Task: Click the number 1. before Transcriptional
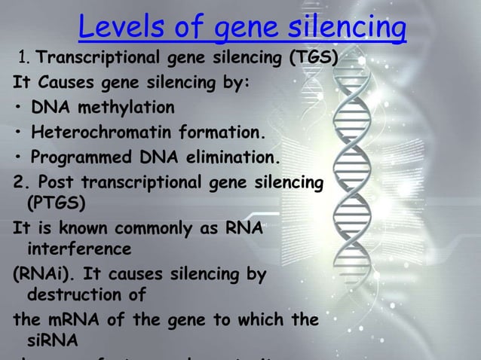[x=24, y=58]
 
